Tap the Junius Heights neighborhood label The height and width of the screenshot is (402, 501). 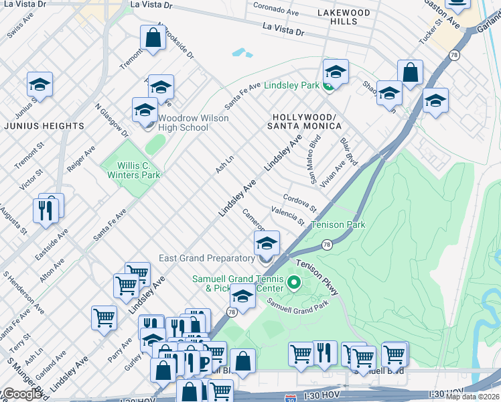point(44,126)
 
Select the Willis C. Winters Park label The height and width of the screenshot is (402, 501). point(134,170)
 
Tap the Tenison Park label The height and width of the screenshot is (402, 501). point(339,225)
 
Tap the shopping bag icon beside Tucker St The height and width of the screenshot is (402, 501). point(410,73)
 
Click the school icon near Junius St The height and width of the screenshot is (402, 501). point(40,85)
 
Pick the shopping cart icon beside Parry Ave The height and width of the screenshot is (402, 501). point(104,318)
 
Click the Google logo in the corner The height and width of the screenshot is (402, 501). point(22,394)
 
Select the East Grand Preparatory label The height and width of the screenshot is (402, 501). point(206,258)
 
